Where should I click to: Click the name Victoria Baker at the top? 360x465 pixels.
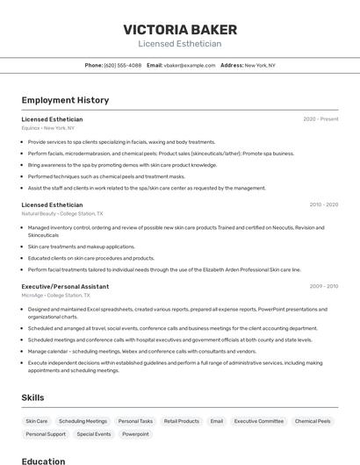(179, 29)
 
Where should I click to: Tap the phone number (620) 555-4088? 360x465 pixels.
(122, 65)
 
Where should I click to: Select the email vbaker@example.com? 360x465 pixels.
(189, 65)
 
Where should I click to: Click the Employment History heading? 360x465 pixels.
(65, 100)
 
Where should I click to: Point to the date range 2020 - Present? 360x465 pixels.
(320, 119)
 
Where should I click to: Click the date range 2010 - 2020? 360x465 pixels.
(323, 204)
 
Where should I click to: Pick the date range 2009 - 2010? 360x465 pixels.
(323, 286)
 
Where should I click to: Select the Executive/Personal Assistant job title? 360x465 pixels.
(65, 286)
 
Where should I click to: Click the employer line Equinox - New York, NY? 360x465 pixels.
(48, 128)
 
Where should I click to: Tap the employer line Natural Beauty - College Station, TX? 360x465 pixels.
(62, 213)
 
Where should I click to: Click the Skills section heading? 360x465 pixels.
(32, 397)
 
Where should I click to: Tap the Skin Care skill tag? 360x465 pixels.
(37, 421)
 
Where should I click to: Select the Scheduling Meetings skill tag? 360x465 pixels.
(83, 421)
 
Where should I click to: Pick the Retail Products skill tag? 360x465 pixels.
(182, 421)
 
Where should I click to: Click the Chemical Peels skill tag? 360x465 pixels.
(313, 421)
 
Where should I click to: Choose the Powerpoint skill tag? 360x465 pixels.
(135, 434)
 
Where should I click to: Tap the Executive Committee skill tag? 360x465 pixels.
(259, 421)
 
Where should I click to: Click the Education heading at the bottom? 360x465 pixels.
(43, 461)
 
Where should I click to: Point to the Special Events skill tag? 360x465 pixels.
(94, 434)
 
